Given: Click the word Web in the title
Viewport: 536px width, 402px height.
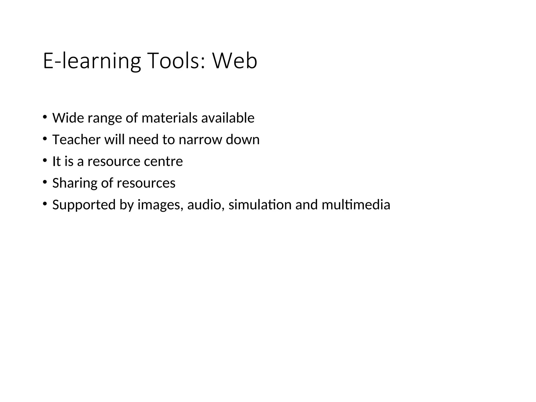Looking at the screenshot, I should [x=235, y=61].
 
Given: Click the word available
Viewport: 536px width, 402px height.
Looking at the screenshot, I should [x=228, y=118].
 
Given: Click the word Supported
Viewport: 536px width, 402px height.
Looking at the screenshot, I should [x=84, y=205].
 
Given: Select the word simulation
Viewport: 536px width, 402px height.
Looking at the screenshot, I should [x=260, y=205].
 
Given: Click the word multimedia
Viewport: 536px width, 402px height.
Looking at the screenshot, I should [x=356, y=205].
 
